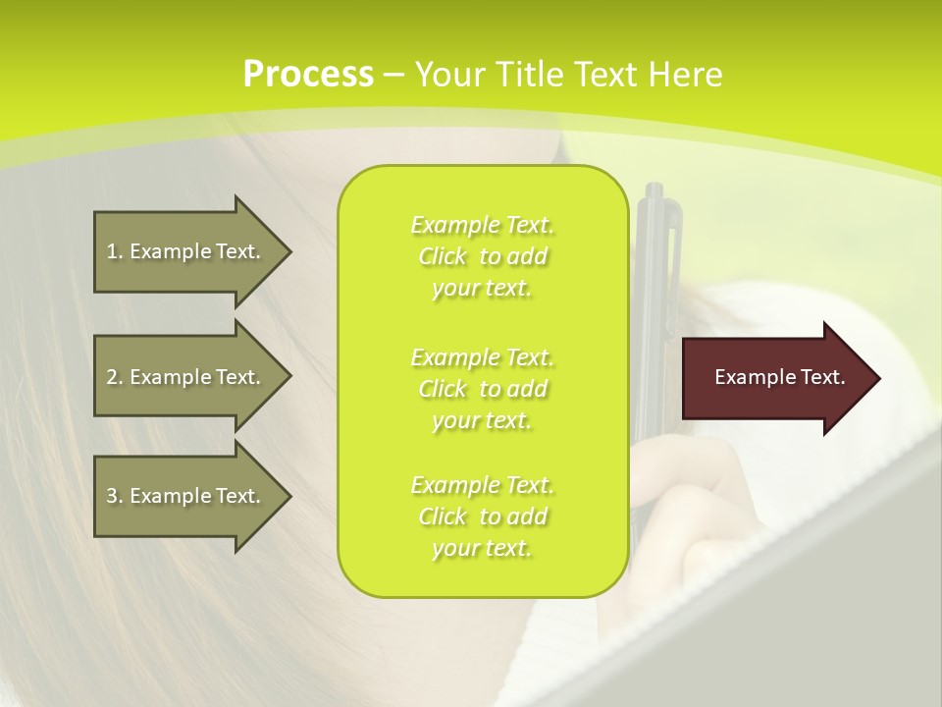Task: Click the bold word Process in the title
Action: (x=308, y=75)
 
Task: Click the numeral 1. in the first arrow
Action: (x=115, y=252)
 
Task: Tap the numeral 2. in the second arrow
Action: (x=115, y=377)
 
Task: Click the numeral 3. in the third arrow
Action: (x=115, y=496)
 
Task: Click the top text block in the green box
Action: (x=482, y=256)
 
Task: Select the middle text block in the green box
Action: (x=482, y=389)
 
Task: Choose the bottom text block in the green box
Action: (x=482, y=517)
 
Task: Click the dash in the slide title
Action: (x=393, y=76)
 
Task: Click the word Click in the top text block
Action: (x=443, y=257)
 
